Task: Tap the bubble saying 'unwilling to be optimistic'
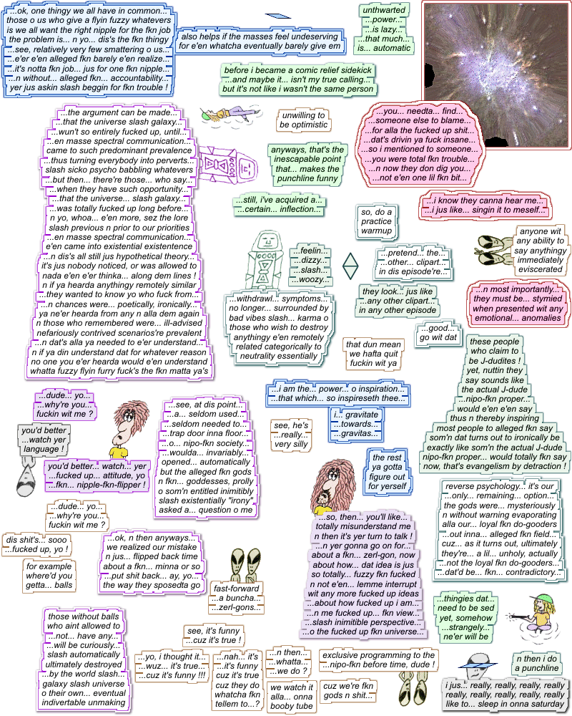point(303,120)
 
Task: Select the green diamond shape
point(351,266)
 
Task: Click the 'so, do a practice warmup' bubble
point(376,222)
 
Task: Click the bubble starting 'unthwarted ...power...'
point(385,29)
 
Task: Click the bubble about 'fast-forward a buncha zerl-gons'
point(237,598)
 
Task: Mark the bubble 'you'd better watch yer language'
point(42,440)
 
